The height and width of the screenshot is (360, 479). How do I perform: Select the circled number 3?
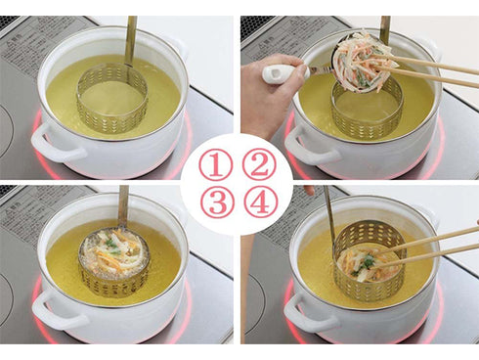[x=215, y=202]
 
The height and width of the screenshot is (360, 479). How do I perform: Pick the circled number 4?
[x=260, y=202]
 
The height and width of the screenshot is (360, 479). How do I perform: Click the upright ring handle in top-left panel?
[x=130, y=39]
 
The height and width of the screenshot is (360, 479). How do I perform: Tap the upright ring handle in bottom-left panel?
[x=122, y=205]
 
